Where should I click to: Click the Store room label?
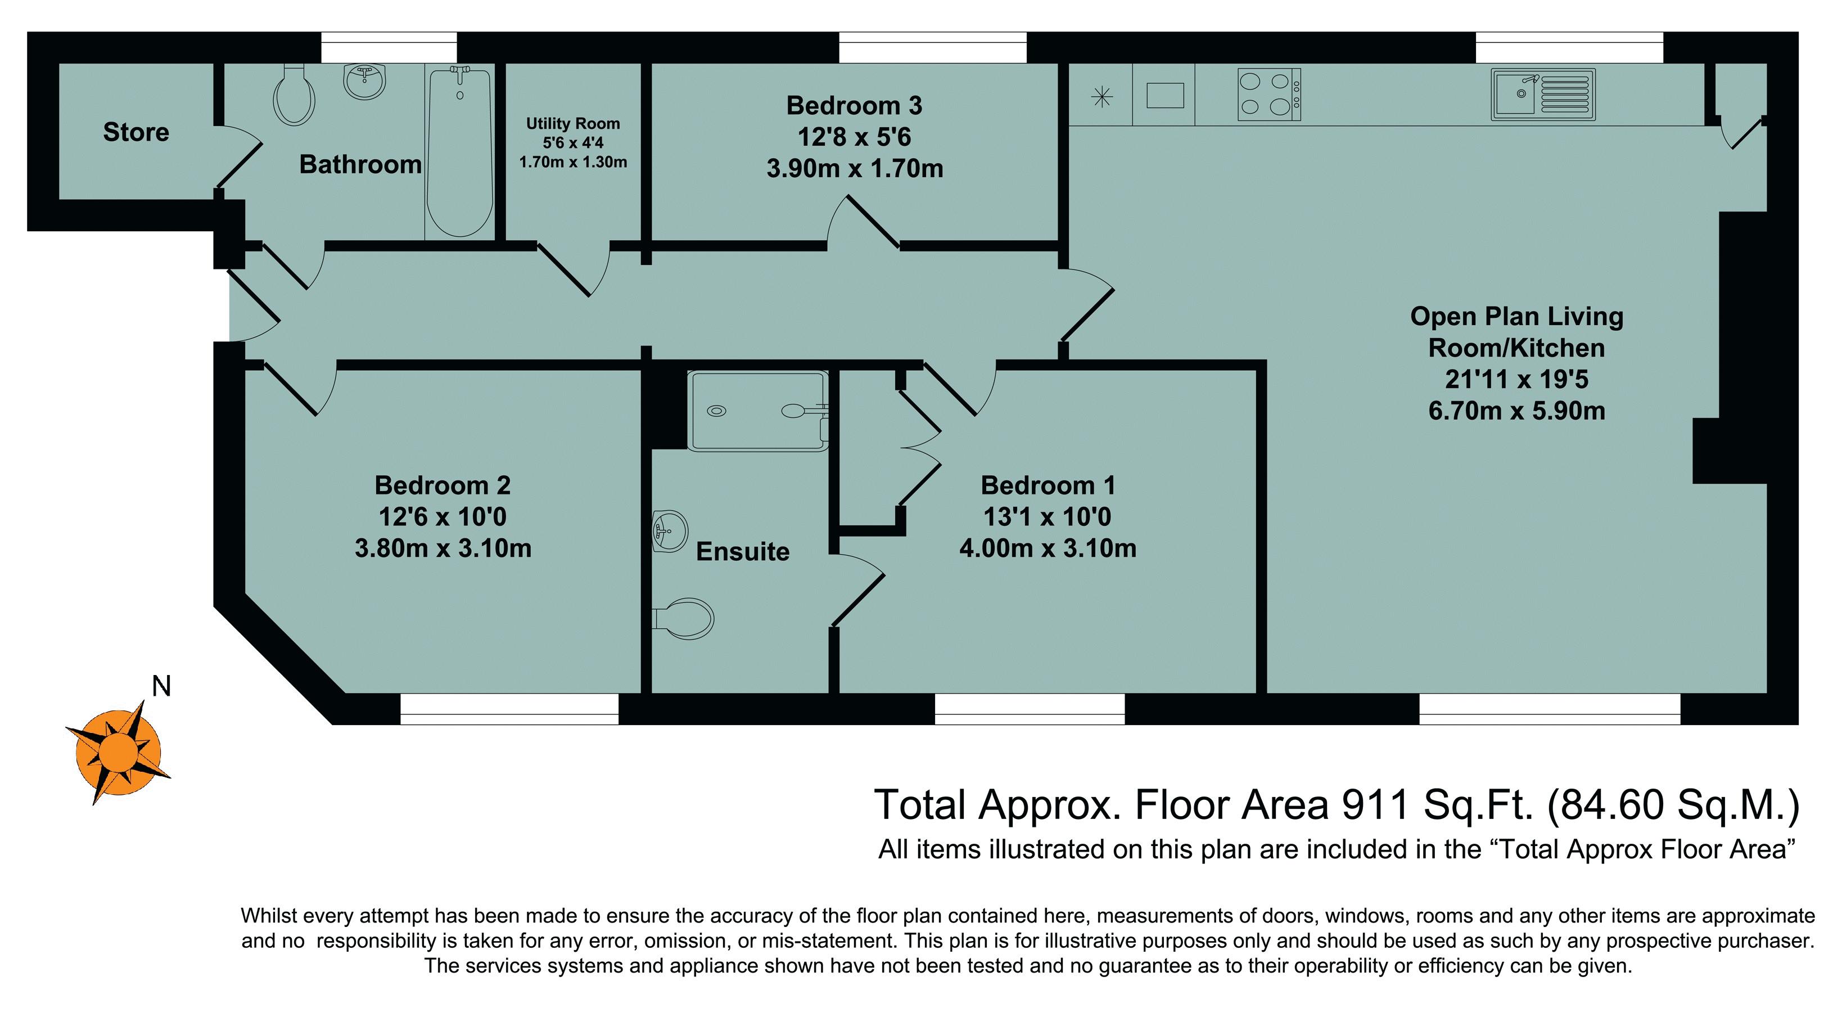click(x=136, y=132)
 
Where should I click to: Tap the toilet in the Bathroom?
click(x=294, y=95)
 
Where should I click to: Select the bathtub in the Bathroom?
click(x=459, y=151)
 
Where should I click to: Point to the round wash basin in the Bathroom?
click(x=365, y=82)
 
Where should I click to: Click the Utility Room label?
click(x=573, y=124)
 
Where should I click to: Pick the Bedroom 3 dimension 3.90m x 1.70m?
click(x=855, y=169)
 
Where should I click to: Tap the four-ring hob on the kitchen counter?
click(x=1269, y=94)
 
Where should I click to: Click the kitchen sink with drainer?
click(x=1543, y=94)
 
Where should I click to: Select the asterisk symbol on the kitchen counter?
click(x=1102, y=97)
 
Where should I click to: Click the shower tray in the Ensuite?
click(x=757, y=411)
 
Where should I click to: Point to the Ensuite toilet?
click(x=684, y=619)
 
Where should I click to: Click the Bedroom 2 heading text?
click(x=443, y=485)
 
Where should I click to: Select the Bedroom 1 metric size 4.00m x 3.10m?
click(x=1048, y=548)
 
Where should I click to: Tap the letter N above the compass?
click(x=161, y=687)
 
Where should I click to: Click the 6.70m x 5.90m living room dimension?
click(x=1516, y=411)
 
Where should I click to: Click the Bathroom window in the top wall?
click(x=389, y=47)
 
